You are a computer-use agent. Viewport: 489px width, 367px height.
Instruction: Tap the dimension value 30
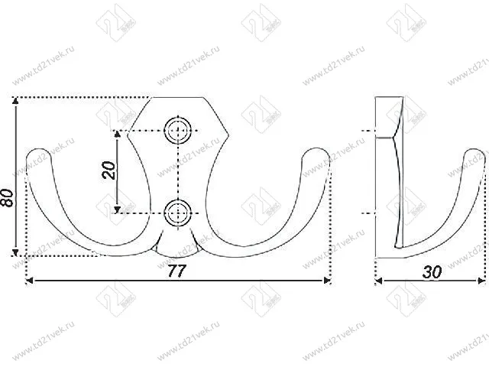[x=432, y=271]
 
